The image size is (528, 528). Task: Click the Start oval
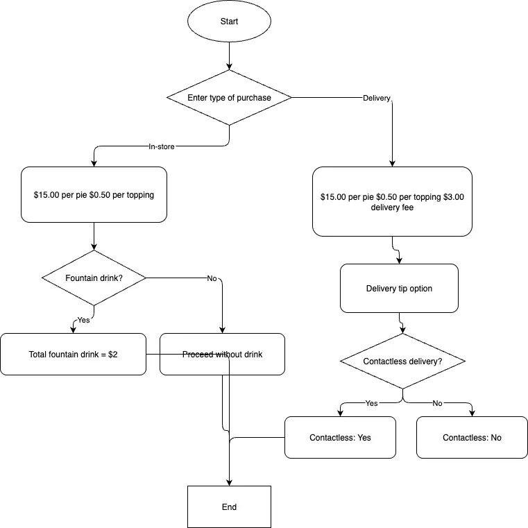click(229, 22)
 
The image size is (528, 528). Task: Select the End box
click(229, 506)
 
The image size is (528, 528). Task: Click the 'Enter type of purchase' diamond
click(229, 98)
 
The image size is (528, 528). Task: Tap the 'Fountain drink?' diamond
click(94, 278)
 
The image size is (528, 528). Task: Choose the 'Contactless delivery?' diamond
click(402, 361)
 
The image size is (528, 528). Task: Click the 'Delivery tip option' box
click(399, 288)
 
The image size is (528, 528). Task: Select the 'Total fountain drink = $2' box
click(73, 354)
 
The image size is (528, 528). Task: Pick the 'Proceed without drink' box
click(222, 354)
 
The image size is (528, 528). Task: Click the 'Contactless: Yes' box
click(340, 437)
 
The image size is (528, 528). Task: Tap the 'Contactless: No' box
click(472, 437)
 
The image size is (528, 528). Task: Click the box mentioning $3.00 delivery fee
click(392, 201)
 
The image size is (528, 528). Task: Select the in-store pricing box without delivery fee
click(94, 194)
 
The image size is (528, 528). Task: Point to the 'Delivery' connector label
click(377, 98)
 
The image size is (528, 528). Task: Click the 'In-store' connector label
click(162, 146)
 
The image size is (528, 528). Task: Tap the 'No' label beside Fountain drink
click(212, 278)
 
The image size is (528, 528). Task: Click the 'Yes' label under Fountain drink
click(83, 320)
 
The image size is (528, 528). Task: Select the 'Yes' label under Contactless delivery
click(371, 403)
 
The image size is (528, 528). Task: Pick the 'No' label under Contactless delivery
click(437, 403)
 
